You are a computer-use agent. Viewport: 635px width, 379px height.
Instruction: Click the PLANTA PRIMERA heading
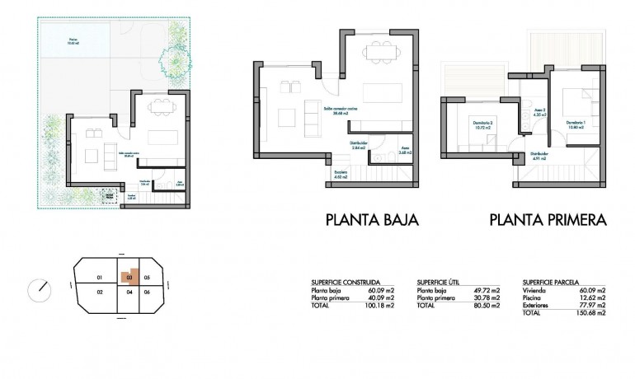point(548,220)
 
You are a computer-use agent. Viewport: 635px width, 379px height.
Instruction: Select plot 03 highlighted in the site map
point(129,278)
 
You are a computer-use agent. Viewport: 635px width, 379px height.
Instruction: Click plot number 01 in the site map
point(99,278)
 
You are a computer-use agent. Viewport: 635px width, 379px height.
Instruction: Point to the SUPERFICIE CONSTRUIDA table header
point(346,281)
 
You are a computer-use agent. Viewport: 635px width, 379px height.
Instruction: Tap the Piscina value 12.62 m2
point(591,297)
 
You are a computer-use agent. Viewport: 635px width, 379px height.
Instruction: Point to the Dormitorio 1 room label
point(576,124)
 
